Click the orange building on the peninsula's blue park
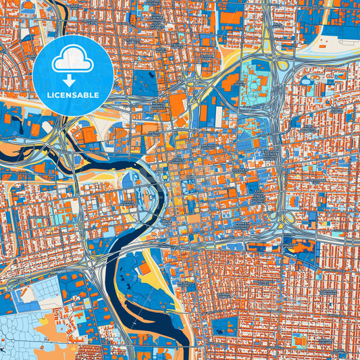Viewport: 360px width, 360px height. pyautogui.click(x=144, y=268)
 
